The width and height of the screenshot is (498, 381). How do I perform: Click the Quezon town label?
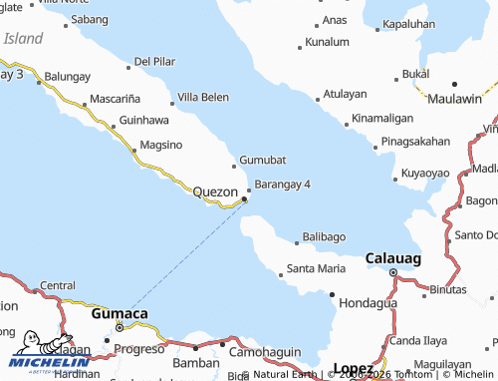pyautogui.click(x=214, y=190)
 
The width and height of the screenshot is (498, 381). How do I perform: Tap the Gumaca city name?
pyautogui.click(x=120, y=313)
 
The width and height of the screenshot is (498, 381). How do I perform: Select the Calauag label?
pyautogui.click(x=393, y=257)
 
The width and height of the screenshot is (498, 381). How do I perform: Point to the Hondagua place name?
pyautogui.click(x=368, y=302)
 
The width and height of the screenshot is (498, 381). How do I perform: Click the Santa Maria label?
pyautogui.click(x=316, y=268)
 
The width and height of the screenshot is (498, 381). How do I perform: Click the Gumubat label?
pyautogui.click(x=263, y=161)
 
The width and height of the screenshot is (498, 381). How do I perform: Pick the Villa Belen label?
pyautogui.click(x=203, y=98)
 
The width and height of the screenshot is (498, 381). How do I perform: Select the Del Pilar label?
pyautogui.click(x=154, y=62)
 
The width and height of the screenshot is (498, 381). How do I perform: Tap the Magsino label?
pyautogui.click(x=161, y=145)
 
